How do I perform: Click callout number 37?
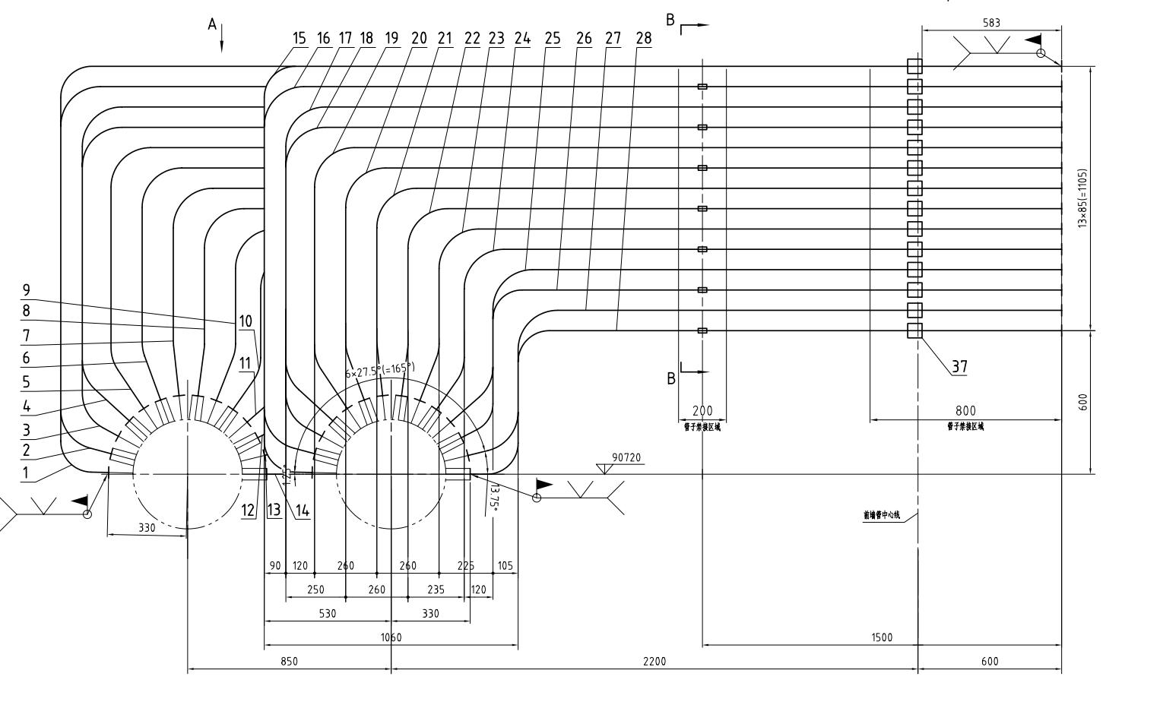(960, 367)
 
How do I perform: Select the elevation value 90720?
(627, 458)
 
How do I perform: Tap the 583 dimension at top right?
(991, 23)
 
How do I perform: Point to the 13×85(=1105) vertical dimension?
(1083, 198)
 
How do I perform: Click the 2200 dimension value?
(654, 661)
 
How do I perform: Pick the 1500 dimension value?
(882, 637)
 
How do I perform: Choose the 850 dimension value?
(289, 661)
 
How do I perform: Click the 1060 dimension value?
(391, 637)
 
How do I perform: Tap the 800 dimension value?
(965, 411)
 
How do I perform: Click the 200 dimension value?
(702, 411)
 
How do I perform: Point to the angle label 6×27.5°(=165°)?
(380, 370)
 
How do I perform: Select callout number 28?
(644, 38)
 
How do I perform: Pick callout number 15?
(299, 38)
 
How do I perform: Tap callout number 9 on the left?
(26, 289)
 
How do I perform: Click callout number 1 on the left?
(26, 473)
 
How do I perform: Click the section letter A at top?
(213, 25)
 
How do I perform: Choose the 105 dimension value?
(505, 565)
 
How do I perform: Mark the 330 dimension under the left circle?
(147, 527)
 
